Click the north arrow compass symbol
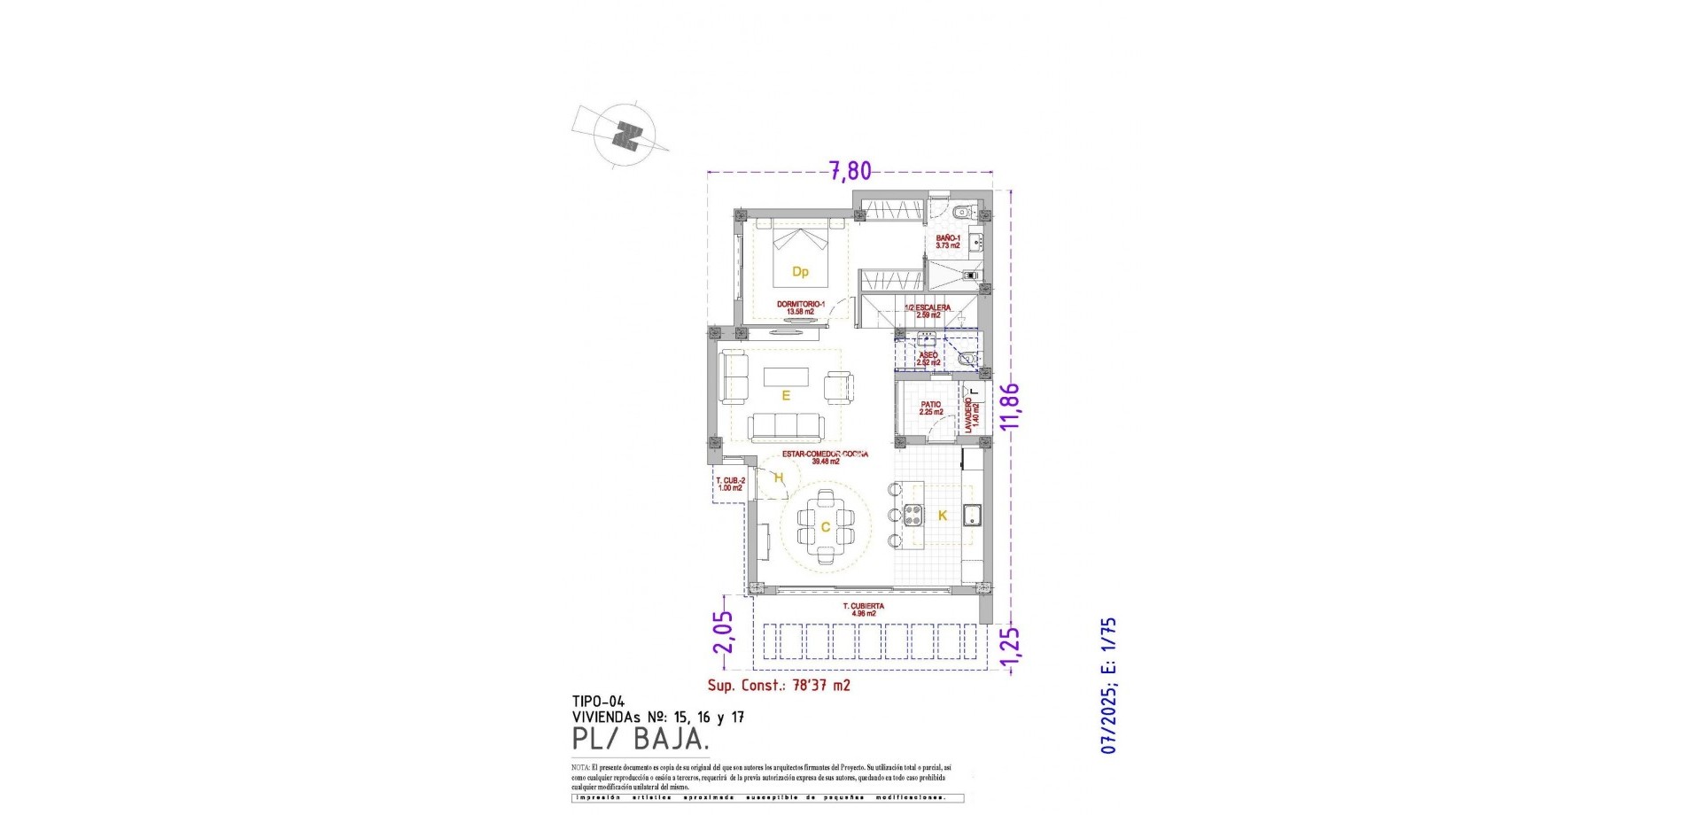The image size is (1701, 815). click(628, 137)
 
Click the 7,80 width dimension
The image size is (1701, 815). click(850, 170)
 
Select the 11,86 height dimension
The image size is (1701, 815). click(1010, 407)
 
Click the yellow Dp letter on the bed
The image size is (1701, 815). click(800, 272)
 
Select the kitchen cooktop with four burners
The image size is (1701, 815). click(913, 515)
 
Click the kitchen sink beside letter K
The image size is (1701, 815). click(971, 515)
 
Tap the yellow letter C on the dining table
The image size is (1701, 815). click(825, 528)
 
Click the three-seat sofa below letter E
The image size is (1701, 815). click(785, 427)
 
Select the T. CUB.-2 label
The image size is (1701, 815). click(730, 484)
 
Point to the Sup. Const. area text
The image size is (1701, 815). click(779, 686)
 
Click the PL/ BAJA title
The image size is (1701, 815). click(641, 737)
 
